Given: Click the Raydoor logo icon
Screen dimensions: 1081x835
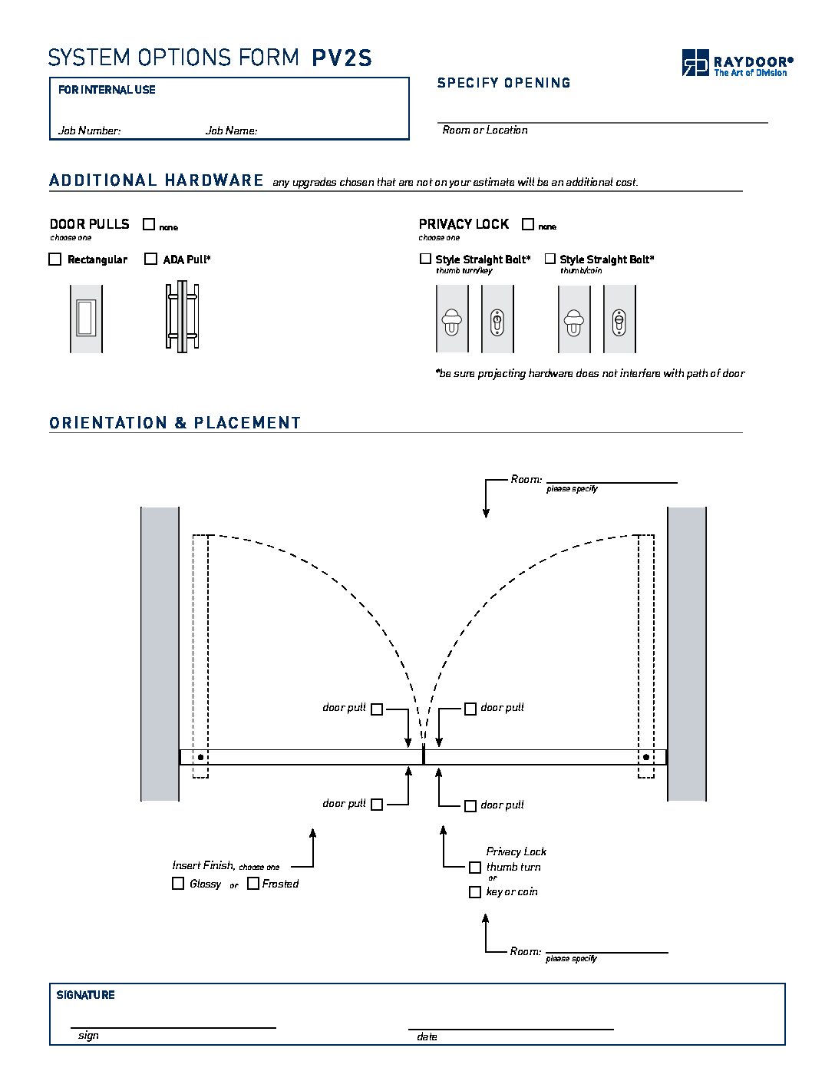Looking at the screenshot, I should click(695, 62).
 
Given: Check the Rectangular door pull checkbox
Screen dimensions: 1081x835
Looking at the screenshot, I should click(55, 260).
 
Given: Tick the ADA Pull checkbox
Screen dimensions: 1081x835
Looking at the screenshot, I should click(151, 260).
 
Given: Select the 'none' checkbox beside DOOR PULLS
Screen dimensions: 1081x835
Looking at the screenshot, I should click(149, 224).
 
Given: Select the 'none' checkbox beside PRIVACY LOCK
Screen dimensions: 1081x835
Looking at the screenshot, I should click(528, 224).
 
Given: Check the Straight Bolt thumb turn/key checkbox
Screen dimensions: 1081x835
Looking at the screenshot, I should click(426, 259).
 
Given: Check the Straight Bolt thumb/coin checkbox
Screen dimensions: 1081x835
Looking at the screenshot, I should click(550, 259).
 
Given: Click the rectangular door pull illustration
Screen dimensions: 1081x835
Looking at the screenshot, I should click(86, 319).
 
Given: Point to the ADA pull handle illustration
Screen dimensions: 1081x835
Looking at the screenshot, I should click(182, 316).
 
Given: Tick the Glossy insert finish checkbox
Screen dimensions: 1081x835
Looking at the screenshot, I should click(178, 884).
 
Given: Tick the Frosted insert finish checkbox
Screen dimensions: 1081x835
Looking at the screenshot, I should click(253, 884).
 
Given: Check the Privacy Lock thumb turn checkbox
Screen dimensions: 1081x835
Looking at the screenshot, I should click(475, 868).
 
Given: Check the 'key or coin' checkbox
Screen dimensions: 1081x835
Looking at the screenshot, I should click(475, 892).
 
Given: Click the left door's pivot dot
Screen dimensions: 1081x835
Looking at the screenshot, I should click(200, 758).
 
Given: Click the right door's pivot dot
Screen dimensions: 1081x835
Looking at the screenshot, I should click(646, 758).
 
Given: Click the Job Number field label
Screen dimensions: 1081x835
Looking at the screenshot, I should click(89, 131).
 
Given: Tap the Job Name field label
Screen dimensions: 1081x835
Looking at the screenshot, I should click(231, 131).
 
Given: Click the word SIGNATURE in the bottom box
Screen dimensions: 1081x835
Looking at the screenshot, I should click(85, 995).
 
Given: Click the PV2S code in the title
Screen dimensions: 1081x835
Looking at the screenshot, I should click(342, 58).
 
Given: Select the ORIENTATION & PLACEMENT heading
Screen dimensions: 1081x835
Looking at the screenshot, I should click(175, 423).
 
